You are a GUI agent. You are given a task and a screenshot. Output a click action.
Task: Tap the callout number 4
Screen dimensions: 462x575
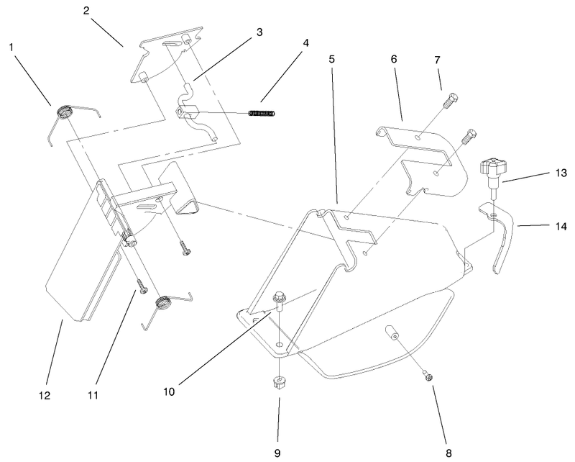(307, 42)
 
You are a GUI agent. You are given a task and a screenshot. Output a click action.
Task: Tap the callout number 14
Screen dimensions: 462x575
(560, 226)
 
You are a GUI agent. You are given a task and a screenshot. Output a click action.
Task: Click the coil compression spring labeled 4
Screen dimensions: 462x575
(263, 113)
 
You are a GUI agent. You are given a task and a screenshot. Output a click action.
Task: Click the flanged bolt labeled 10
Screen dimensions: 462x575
(279, 302)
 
